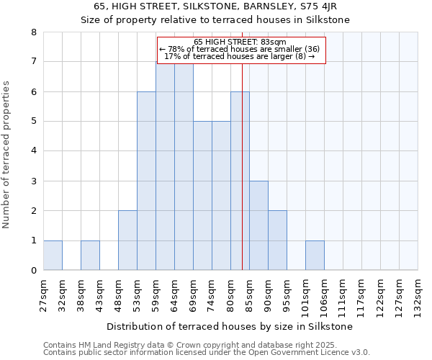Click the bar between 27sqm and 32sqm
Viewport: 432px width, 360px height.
[x=53, y=256]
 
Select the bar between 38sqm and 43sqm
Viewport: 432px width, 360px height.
[x=90, y=256]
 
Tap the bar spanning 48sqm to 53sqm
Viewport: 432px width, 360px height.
[x=127, y=240]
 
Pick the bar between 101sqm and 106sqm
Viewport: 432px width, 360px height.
[x=315, y=256]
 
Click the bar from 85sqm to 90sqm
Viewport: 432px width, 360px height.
[x=258, y=226]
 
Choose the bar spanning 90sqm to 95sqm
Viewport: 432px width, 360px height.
[x=277, y=240]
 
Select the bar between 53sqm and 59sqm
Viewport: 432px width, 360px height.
[x=146, y=181]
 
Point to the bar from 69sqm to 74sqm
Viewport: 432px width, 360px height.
[x=202, y=196]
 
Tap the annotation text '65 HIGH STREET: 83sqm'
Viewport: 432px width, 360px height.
[x=240, y=42]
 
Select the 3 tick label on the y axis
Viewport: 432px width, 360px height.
[x=33, y=181]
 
